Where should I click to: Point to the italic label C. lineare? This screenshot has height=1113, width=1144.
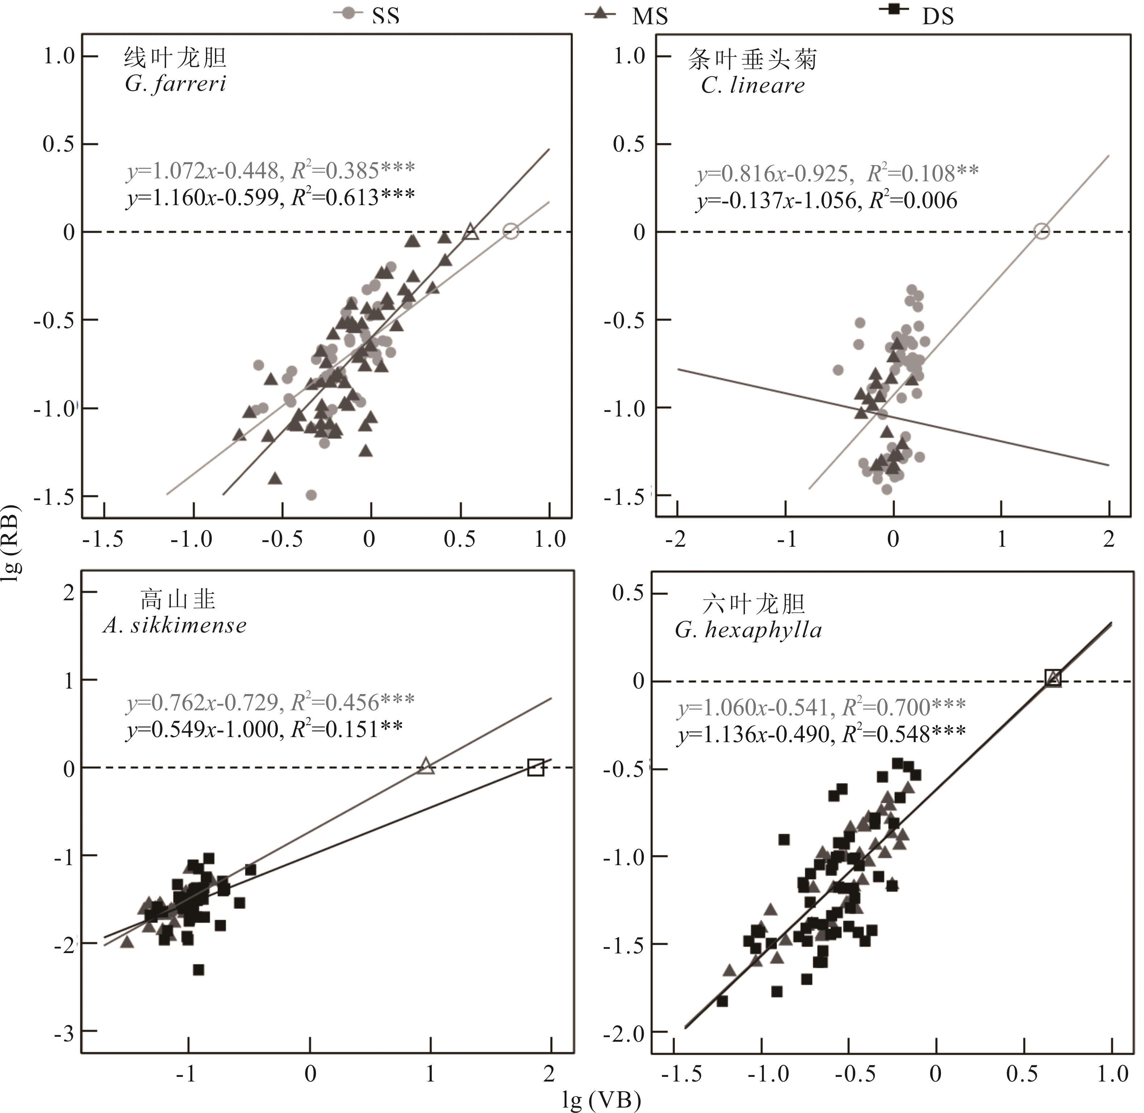(x=752, y=86)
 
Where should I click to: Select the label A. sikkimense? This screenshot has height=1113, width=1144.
(x=174, y=626)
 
